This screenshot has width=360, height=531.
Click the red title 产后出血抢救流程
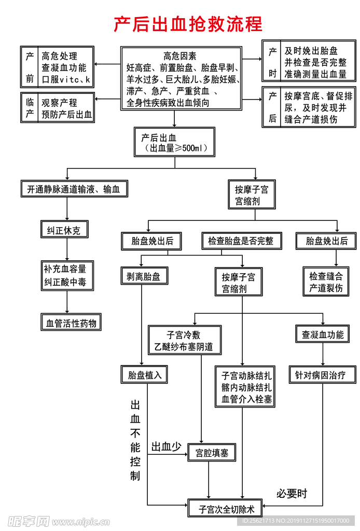[188, 24]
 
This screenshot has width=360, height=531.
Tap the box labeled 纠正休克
[64, 229]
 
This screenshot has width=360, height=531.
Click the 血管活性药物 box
[71, 323]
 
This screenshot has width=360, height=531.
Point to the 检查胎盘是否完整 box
[241, 241]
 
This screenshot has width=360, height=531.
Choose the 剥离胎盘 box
[140, 277]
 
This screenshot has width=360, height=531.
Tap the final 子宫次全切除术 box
[224, 508]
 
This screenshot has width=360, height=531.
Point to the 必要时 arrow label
[292, 493]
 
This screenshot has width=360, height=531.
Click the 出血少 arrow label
[166, 446]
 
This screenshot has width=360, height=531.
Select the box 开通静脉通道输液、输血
[74, 189]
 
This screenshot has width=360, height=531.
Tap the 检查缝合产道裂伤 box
[326, 282]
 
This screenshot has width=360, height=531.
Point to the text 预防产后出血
[67, 115]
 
